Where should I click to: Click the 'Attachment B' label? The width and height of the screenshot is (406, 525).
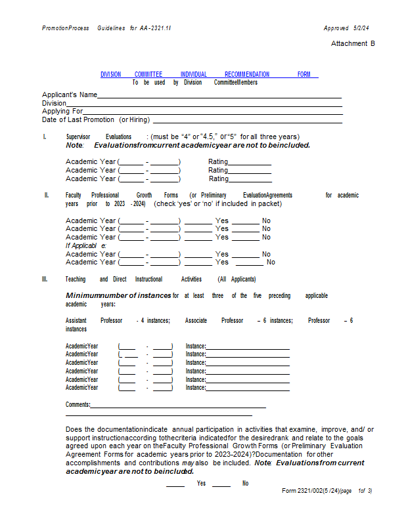[x=353, y=43]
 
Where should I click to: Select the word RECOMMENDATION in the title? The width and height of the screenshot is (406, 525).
[x=246, y=75]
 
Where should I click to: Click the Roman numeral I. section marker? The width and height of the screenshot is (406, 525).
[x=44, y=137]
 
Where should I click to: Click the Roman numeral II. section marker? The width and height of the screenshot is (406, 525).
[x=46, y=196]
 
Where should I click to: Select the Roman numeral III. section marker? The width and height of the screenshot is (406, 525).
[x=45, y=280]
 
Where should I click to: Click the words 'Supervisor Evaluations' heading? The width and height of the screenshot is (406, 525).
[x=99, y=137]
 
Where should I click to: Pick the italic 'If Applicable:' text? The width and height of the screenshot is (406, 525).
[x=86, y=245]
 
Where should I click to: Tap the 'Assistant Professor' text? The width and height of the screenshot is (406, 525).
[x=93, y=321]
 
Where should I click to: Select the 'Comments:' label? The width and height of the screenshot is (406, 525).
[x=78, y=405]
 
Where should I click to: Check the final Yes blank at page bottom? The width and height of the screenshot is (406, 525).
[x=175, y=485]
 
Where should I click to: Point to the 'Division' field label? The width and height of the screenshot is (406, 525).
[x=54, y=104]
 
